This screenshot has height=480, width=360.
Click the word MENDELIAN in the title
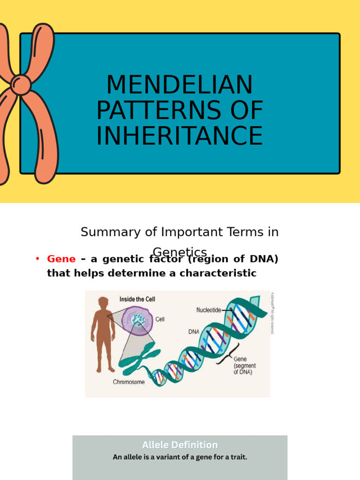180,85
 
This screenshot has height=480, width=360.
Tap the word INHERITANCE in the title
180,135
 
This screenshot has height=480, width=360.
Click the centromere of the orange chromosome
20,85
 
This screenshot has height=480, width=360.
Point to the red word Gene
61,259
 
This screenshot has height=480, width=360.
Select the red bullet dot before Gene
37,259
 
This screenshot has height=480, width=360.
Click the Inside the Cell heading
137,299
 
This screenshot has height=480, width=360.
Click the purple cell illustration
137,321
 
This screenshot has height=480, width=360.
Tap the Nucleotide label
209,310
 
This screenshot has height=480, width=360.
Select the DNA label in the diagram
194,331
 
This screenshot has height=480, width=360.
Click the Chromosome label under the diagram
129,382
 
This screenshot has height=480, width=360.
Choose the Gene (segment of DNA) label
244,366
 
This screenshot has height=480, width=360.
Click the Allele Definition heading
180,445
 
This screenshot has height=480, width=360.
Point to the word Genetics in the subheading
180,252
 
